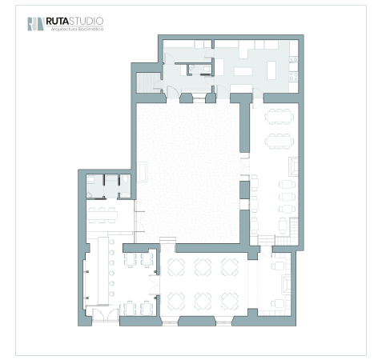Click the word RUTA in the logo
click(x=57, y=21)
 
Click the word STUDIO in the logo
click(x=86, y=21)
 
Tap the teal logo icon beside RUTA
click(x=36, y=24)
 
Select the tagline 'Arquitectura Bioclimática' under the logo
click(x=77, y=29)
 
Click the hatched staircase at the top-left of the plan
click(x=145, y=83)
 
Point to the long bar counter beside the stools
click(x=103, y=270)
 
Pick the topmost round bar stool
click(x=112, y=242)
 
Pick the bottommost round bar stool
click(x=112, y=294)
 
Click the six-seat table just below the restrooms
click(x=103, y=215)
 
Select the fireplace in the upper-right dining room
click(x=293, y=166)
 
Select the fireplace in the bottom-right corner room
click(x=286, y=285)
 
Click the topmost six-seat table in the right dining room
click(x=279, y=117)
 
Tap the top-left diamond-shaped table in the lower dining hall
click(x=176, y=267)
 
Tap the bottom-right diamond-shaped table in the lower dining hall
click(x=230, y=302)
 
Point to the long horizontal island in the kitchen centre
click(x=243, y=71)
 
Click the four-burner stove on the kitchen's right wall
click(x=294, y=76)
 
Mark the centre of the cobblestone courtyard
click(x=188, y=173)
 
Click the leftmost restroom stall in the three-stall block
click(x=94, y=186)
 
